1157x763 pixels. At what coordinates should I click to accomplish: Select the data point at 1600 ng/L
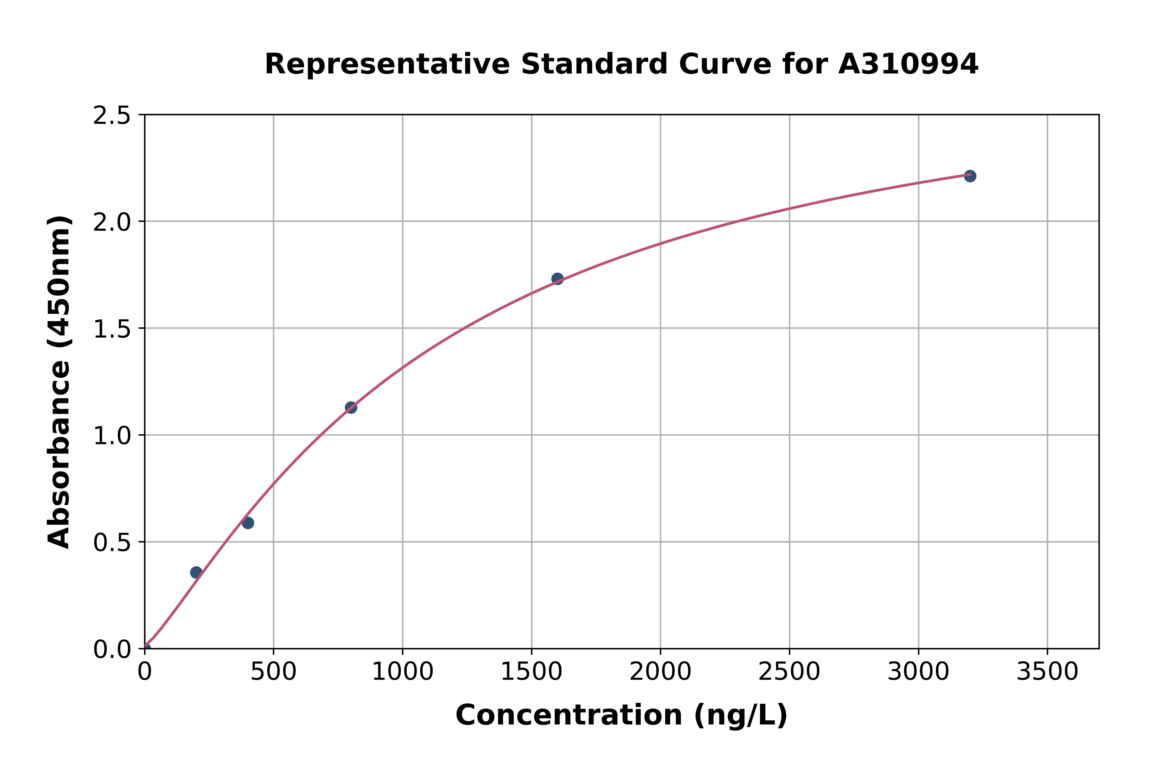pyautogui.click(x=557, y=279)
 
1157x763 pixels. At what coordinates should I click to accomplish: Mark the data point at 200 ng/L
pyautogui.click(x=196, y=572)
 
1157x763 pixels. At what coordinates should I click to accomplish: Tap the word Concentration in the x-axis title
pyautogui.click(x=569, y=715)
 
